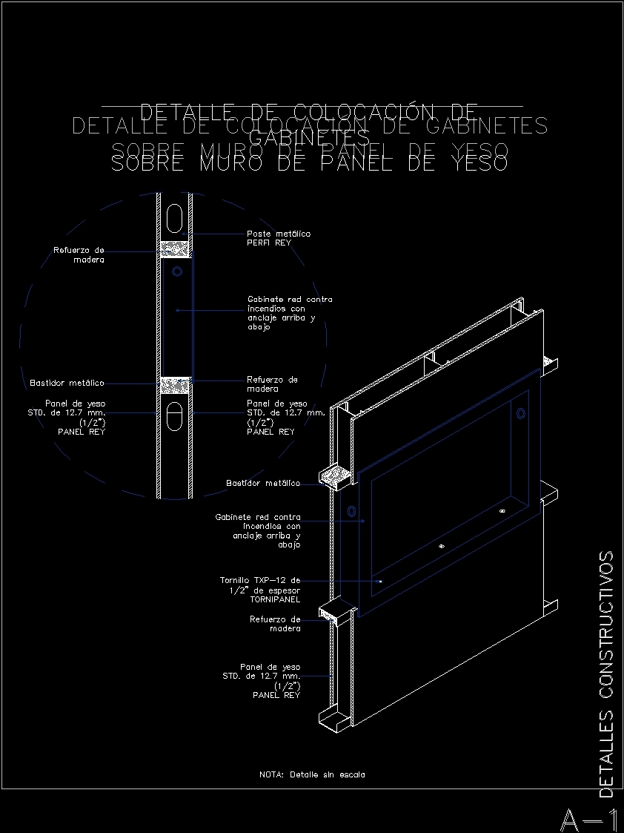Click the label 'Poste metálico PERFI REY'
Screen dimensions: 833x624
pos(279,238)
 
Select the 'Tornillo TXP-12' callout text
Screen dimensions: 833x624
pos(260,590)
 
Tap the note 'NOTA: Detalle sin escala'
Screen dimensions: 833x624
pos(312,774)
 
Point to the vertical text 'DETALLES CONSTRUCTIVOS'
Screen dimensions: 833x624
pos(606,674)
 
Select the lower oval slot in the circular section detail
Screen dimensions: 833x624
pos(176,415)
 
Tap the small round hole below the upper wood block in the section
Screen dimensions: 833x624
pos(176,272)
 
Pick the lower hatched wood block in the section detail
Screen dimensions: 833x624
pos(176,385)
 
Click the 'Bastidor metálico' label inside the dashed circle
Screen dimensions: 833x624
pos(67,383)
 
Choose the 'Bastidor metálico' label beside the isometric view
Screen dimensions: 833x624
pos(262,484)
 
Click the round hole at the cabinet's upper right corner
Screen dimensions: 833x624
pos(521,412)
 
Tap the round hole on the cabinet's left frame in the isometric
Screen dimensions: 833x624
pos(351,511)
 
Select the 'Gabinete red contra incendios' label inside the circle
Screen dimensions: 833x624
pos(289,313)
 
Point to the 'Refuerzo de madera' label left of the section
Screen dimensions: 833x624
pos(79,254)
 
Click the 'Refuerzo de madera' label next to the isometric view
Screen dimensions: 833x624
pos(275,624)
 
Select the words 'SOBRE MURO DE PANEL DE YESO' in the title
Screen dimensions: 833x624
pos(309,157)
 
